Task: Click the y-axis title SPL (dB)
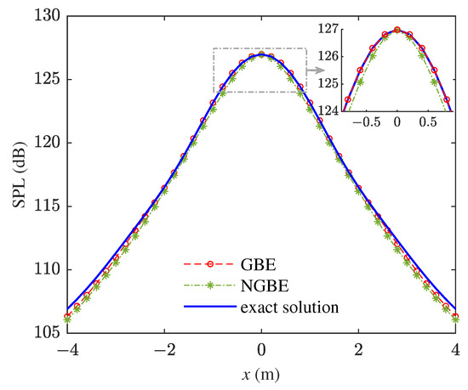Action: click(16, 173)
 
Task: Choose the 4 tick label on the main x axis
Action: click(456, 349)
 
